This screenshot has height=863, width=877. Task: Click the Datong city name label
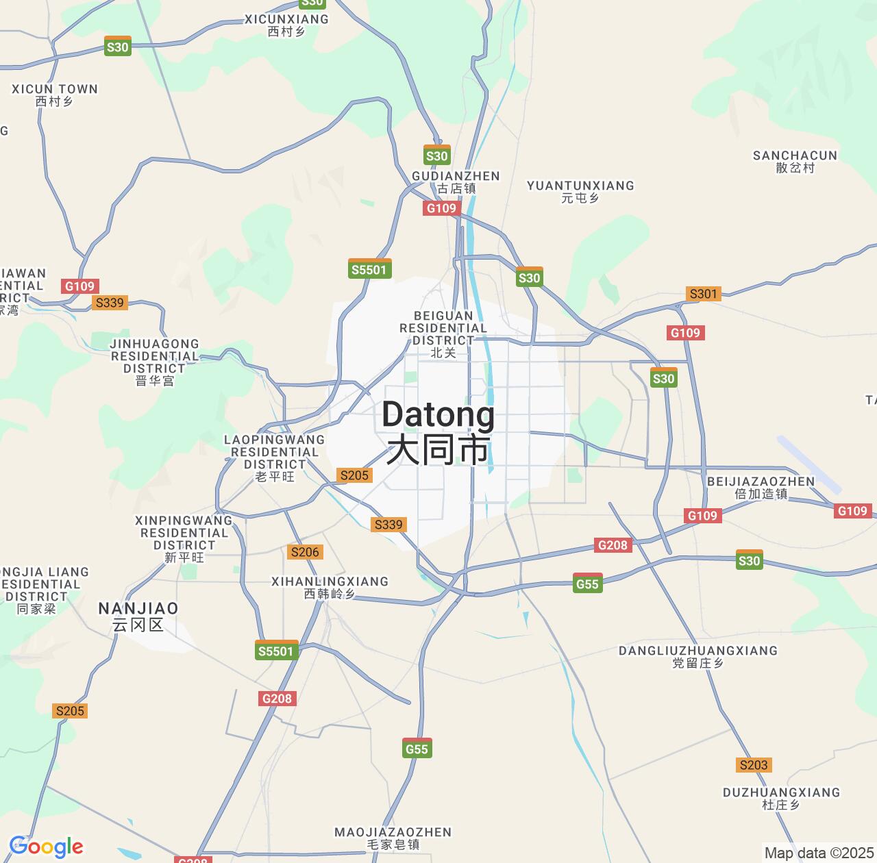point(438,431)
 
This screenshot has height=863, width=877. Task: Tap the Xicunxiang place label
point(286,25)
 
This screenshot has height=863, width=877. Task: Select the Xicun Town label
point(55,95)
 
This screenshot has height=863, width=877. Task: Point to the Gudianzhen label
point(456,182)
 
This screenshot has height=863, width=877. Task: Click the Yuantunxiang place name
point(580,191)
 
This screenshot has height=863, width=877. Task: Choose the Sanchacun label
point(795,161)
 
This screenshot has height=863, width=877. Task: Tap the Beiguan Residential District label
point(443,334)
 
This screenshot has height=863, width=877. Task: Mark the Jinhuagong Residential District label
point(155,362)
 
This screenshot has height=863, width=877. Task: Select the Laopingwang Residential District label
point(274,458)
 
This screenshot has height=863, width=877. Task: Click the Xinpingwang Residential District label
point(184,538)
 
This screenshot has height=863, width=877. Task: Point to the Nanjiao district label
point(138,616)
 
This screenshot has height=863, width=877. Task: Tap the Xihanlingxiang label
point(330,587)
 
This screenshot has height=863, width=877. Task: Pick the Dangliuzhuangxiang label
point(698,656)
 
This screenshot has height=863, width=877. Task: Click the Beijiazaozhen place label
point(761,487)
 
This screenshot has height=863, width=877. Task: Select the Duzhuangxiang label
point(781,798)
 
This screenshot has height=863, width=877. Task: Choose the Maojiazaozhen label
point(393,838)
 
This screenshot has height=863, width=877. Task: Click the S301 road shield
point(703,294)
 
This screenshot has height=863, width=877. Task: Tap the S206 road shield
point(305,552)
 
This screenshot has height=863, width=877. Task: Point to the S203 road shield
point(754,764)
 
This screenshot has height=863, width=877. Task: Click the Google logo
point(46,847)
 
